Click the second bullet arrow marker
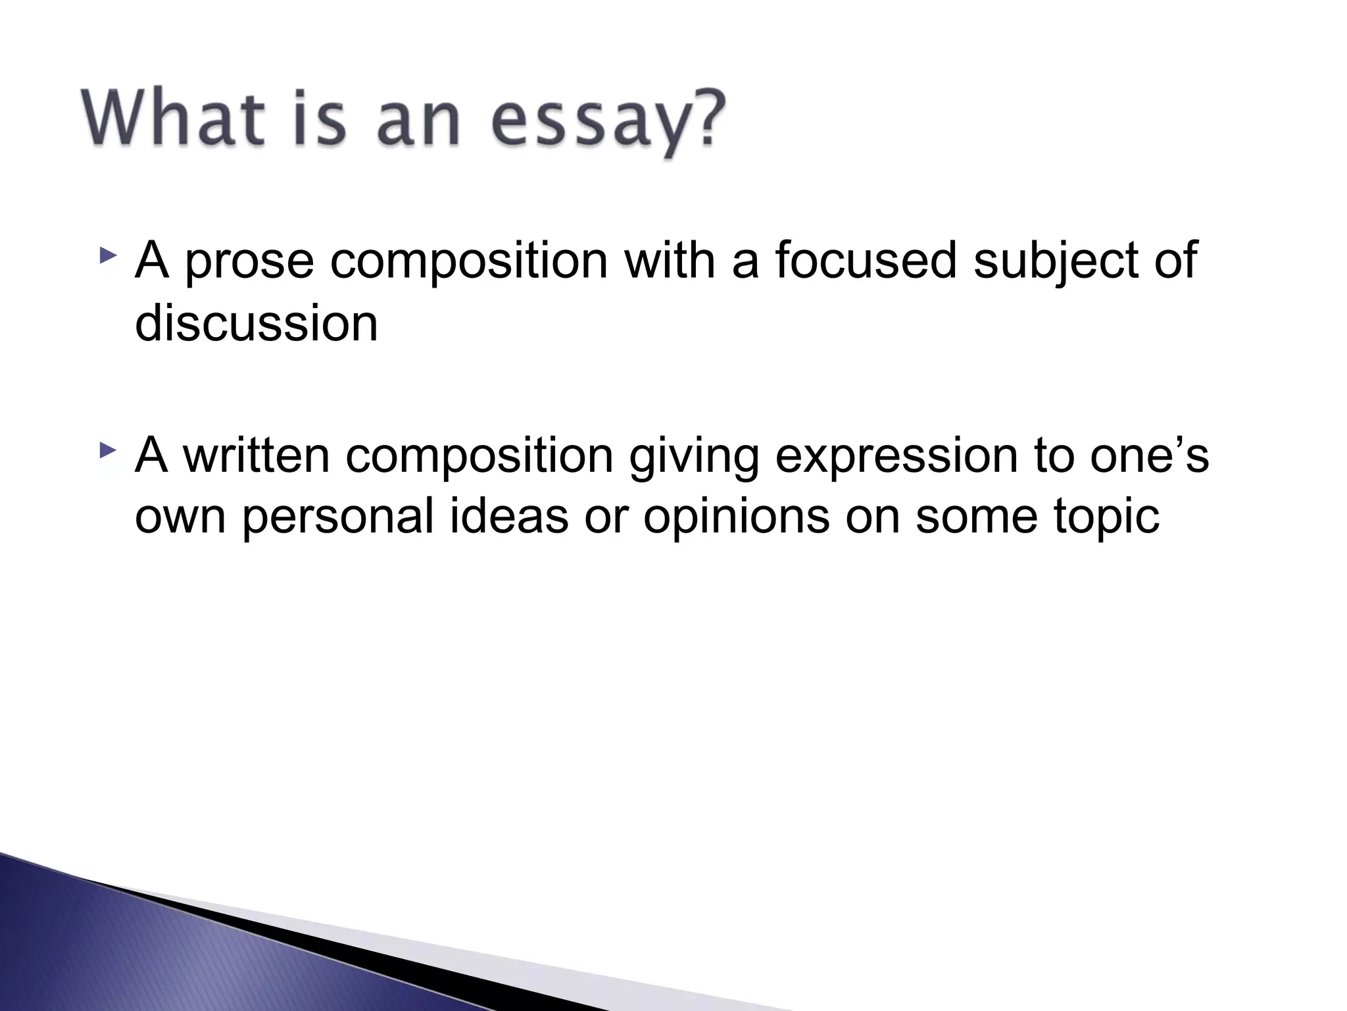point(108,451)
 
